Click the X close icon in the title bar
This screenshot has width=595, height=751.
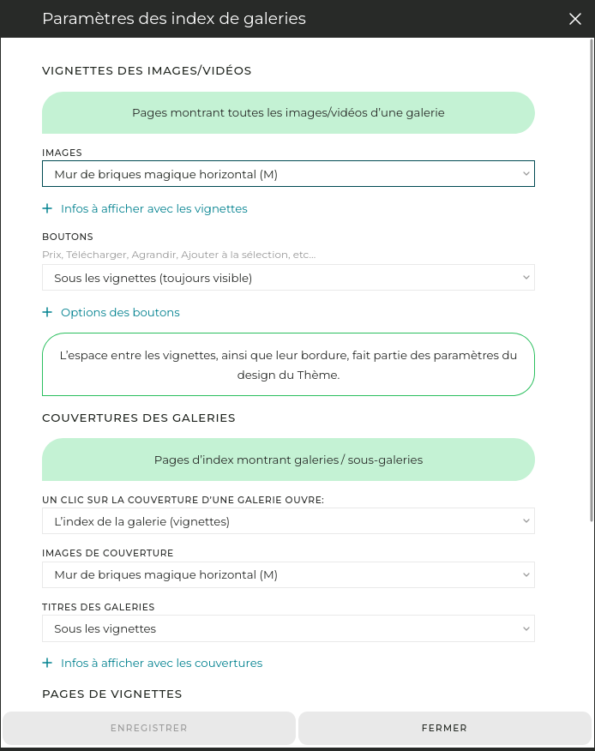pos(575,19)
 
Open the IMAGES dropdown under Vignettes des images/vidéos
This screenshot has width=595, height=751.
pos(288,174)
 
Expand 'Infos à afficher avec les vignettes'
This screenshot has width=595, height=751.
pos(153,208)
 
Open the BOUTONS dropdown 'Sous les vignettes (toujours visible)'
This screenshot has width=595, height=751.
pos(288,278)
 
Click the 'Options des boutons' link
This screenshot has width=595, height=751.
pos(120,312)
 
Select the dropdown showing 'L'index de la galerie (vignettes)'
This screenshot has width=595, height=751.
pos(288,521)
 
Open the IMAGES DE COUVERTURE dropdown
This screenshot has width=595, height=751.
pos(288,574)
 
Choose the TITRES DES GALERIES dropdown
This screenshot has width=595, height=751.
pos(288,628)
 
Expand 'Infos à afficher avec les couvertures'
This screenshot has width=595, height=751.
pos(161,663)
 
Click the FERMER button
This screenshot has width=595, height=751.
pos(444,728)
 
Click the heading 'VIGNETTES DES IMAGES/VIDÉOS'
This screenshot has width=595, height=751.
pos(147,70)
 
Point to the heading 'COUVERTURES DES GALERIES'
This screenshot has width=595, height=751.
pos(139,418)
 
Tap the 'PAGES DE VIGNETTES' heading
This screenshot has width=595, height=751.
pos(111,694)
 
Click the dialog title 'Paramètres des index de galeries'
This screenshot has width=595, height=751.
pos(174,19)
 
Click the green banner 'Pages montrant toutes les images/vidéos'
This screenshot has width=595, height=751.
pos(288,112)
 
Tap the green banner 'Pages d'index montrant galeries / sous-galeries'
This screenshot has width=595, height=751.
pos(288,460)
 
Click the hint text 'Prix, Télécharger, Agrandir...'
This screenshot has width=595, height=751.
pos(178,255)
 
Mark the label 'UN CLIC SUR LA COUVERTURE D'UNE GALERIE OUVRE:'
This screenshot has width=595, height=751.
pos(183,500)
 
